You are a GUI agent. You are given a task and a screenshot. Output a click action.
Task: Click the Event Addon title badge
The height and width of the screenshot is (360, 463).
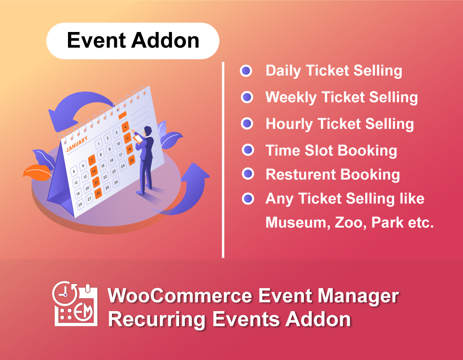pos(132,41)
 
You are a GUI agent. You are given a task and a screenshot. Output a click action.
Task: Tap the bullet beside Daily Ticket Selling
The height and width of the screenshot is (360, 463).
pos(246,71)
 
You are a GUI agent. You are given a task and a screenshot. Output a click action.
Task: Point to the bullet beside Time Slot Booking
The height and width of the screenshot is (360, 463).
pos(248,150)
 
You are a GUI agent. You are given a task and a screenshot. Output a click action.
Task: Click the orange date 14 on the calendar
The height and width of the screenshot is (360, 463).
pos(94,171)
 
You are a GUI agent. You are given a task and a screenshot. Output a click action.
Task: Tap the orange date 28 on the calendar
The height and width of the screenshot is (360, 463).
pos(98,192)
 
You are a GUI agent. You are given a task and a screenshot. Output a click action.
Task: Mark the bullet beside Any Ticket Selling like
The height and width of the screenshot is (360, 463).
pos(248,199)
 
